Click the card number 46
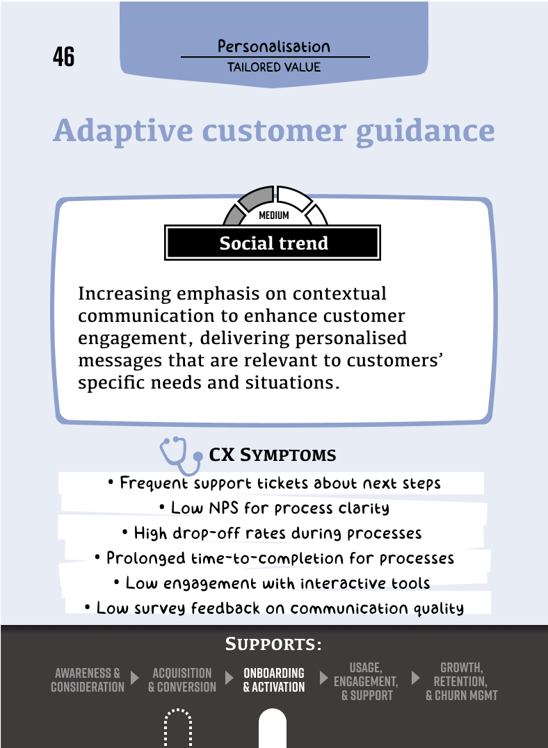[x=63, y=57]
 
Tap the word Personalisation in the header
[x=274, y=47]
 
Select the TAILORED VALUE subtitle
[x=274, y=67]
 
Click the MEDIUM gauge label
[x=273, y=216]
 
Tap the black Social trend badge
[x=273, y=243]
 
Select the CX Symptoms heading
[x=273, y=455]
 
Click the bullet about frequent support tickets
[x=274, y=482]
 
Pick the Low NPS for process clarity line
[x=274, y=507]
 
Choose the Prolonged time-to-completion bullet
[x=274, y=558]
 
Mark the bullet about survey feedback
[x=274, y=608]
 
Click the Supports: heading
[x=273, y=644]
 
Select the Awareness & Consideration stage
[x=88, y=680]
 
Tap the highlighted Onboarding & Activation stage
[x=274, y=680]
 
